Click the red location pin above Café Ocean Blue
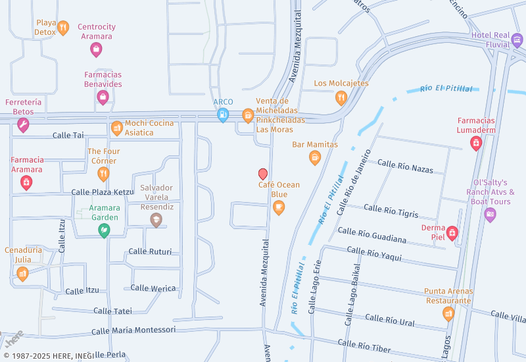pos(263,174)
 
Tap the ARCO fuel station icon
pos(224,115)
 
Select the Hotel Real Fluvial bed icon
pos(517,41)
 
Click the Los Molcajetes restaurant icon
pos(341,98)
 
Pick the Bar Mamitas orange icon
pos(315,157)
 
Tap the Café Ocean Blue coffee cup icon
pos(279,208)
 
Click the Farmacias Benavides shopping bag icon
pos(103,97)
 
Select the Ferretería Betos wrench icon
pos(23,125)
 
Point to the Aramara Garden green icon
pos(104,230)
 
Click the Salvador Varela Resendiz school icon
pos(156,220)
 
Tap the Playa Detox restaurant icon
pos(63,28)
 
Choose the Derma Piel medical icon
pos(452,232)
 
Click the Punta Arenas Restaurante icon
pos(448,313)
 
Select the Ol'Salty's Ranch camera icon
pos(490,215)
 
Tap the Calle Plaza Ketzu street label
pos(102,192)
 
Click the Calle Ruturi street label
pos(150,251)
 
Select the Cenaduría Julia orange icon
pos(23,273)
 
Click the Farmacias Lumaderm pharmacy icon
pos(476,143)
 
